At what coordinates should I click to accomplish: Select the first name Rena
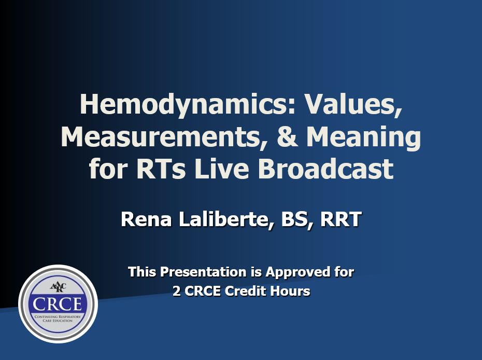pos(146,219)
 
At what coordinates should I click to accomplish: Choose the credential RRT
pos(341,219)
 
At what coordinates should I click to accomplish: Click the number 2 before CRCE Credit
pos(176,291)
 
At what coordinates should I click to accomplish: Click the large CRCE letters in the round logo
pos(57,303)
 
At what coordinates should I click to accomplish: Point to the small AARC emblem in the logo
pos(58,287)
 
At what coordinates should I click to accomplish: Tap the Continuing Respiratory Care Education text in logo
pos(58,319)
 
